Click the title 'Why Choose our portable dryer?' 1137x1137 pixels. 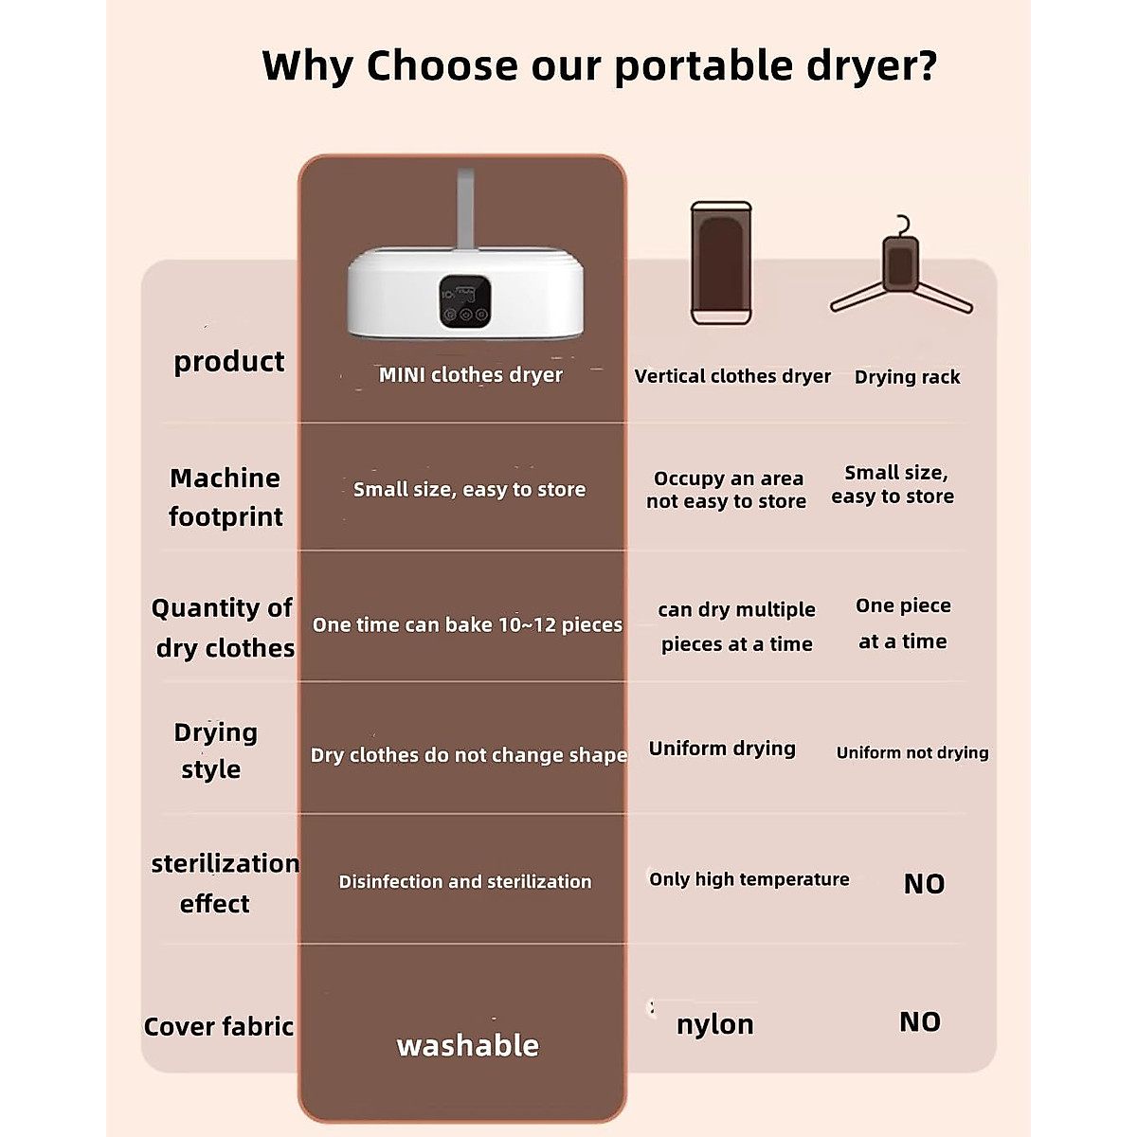599,66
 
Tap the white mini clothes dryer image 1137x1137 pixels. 465,289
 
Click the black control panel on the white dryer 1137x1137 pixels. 464,301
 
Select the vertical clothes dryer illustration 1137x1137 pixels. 721,263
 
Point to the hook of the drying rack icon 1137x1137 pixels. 903,226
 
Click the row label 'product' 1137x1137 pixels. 228,361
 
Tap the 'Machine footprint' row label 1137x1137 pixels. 226,496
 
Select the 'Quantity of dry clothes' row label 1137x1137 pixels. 224,627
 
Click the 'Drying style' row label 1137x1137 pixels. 215,749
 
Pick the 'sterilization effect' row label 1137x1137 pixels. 224,882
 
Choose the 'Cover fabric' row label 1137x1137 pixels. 219,1026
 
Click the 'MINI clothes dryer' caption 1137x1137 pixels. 470,375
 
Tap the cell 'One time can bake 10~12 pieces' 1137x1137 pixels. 467,624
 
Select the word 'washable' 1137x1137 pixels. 467,1045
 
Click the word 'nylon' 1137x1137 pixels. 714,1024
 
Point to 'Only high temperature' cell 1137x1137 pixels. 749,879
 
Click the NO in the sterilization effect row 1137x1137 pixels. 924,884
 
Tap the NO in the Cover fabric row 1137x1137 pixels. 919,1021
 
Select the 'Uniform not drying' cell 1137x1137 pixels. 911,752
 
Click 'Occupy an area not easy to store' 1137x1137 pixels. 727,490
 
